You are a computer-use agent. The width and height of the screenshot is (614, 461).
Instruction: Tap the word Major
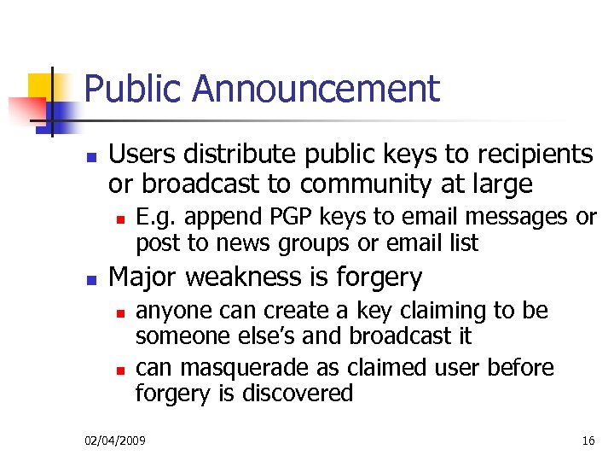[x=142, y=277]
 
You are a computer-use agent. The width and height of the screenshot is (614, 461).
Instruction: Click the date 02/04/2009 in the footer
[x=115, y=441]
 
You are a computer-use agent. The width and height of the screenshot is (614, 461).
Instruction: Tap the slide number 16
[x=588, y=441]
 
